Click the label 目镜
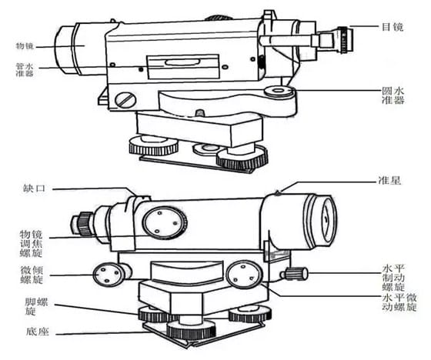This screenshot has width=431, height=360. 393,27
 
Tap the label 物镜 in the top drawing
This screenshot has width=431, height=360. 25,46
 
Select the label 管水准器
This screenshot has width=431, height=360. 25,70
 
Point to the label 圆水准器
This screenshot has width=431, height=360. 393,95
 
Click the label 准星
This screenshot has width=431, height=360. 389,181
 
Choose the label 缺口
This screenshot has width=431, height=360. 34,188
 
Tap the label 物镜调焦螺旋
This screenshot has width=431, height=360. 31,244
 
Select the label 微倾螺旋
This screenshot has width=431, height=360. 32,275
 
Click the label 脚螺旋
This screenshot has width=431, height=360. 36,306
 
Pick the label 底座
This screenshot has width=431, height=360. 38,332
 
